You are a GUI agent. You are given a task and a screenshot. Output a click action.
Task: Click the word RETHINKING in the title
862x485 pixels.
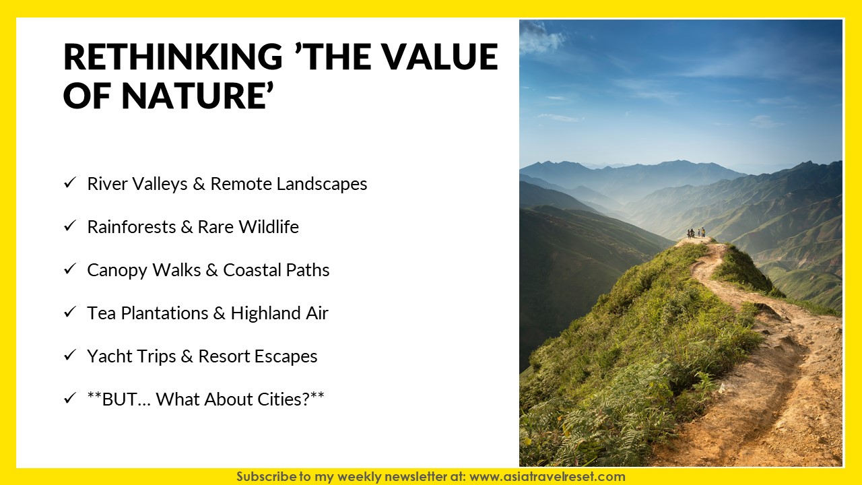coord(173,57)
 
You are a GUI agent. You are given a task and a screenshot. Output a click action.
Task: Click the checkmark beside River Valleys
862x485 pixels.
coord(69,183)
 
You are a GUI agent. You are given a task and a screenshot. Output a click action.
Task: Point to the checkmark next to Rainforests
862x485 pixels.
coord(69,226)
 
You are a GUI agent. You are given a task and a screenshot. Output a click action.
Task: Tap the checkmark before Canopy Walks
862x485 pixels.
coord(69,269)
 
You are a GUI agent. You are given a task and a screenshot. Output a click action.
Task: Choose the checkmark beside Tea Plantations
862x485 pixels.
coord(69,312)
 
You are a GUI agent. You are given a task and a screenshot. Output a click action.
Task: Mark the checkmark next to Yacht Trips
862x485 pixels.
coord(69,355)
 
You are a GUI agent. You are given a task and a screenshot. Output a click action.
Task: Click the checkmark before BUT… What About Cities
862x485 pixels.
coord(69,398)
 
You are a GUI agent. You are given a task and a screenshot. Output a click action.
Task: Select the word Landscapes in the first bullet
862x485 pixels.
coord(322,184)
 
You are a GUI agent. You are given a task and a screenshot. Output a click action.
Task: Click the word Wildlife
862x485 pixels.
coord(269,227)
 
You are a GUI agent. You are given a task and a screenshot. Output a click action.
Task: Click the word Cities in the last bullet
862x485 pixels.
coord(280,399)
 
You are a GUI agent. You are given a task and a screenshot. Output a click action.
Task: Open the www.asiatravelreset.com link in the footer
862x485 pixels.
coord(548,476)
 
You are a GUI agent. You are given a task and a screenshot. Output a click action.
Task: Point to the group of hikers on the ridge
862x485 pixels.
coord(696,233)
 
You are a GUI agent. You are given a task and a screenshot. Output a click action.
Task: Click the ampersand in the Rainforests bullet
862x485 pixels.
coord(187,227)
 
